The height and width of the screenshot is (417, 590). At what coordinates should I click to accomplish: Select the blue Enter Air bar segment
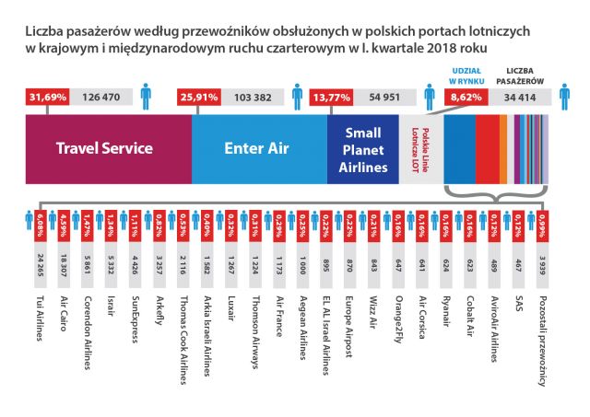259,147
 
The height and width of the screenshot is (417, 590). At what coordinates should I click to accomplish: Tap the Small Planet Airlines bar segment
362,147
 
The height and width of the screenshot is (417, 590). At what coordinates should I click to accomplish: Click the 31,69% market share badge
49,96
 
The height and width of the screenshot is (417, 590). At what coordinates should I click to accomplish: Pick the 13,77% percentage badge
337,96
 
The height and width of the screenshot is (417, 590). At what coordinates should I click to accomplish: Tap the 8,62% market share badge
471,96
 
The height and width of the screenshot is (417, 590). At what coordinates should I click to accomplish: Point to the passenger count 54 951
385,96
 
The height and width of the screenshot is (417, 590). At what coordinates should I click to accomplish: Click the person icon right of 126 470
146,95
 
